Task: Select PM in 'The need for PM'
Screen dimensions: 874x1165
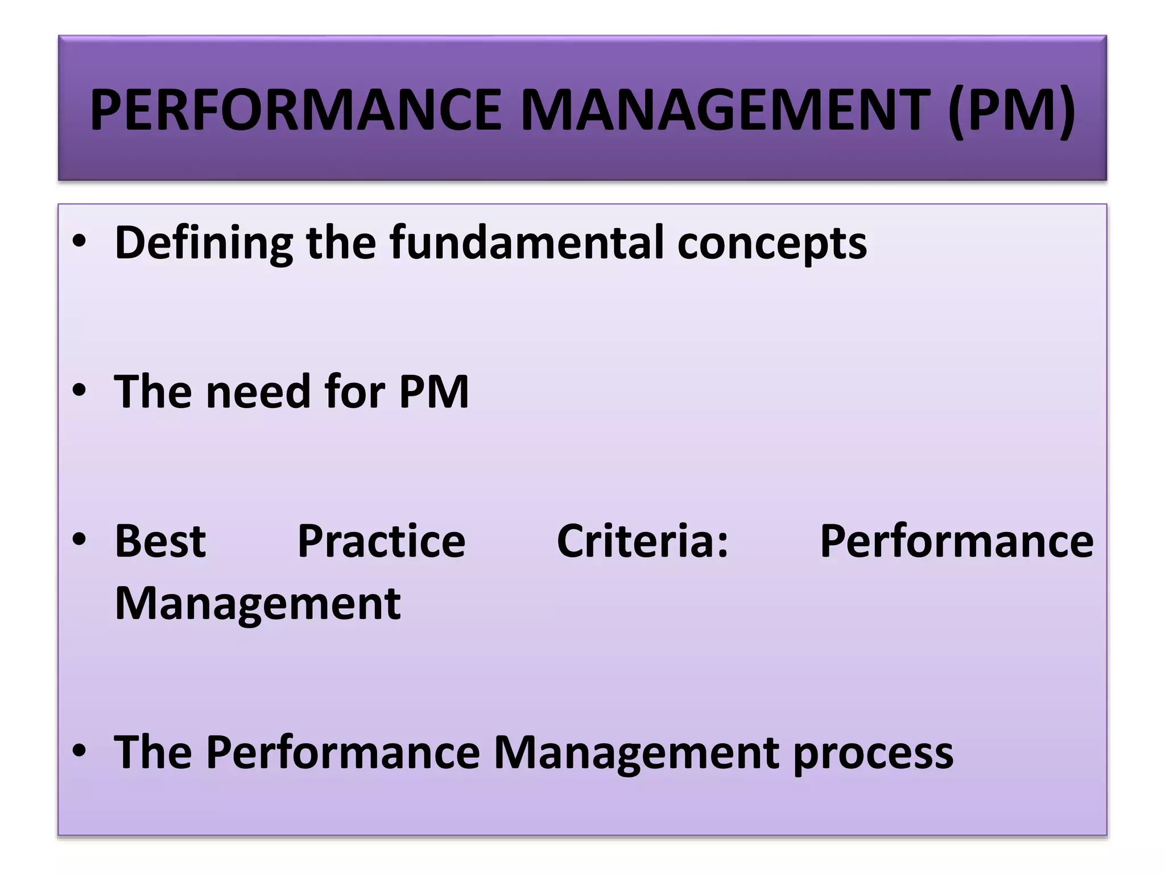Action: click(x=433, y=392)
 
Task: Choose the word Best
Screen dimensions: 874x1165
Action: click(x=160, y=541)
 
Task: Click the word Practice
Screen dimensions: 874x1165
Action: click(x=381, y=541)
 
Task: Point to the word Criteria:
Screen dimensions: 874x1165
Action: click(x=642, y=541)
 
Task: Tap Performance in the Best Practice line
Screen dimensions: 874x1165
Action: click(x=956, y=541)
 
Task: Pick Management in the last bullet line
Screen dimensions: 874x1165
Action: click(x=636, y=753)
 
